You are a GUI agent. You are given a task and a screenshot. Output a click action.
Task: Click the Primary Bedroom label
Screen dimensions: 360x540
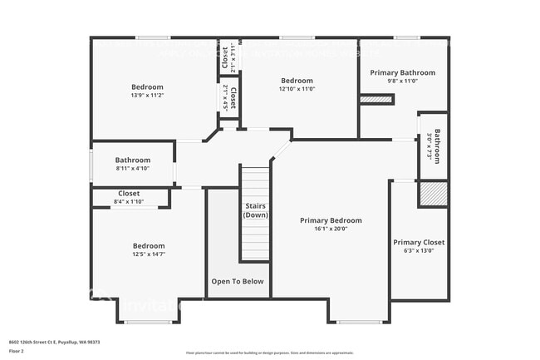click(331, 220)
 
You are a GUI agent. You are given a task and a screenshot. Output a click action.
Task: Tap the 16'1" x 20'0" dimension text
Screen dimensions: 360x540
click(331, 229)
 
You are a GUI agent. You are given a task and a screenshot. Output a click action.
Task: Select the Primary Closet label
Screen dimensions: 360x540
click(419, 242)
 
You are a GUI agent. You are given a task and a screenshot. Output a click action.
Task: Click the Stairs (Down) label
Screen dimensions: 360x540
click(255, 210)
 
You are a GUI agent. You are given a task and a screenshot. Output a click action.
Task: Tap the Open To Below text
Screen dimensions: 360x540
click(238, 281)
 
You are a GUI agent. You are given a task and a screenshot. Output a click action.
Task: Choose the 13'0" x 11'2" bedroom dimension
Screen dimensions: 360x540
click(147, 95)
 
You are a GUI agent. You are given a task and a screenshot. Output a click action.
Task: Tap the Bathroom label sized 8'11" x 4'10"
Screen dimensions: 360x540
click(133, 160)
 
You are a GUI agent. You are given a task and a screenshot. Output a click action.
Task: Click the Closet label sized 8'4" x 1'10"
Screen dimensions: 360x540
click(129, 193)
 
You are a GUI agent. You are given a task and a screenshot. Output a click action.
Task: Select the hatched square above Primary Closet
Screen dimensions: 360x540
click(432, 194)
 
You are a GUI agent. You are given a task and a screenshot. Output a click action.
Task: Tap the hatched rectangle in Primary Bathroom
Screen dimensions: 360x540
click(376, 100)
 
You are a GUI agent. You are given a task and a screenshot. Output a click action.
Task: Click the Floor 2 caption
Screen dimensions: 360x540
click(17, 351)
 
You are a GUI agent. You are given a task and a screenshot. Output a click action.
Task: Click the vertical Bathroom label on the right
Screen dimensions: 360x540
click(437, 146)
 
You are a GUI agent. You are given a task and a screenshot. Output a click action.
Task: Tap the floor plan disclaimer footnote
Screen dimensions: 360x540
click(269, 353)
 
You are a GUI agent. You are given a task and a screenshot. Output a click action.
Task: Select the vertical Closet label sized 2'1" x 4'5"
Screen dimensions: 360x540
click(233, 97)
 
